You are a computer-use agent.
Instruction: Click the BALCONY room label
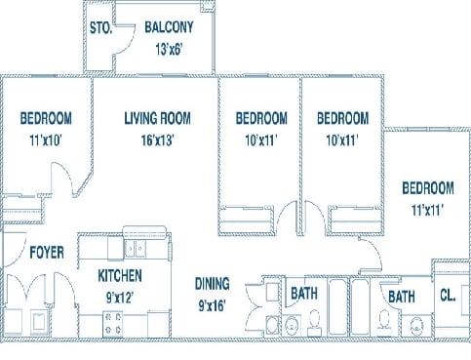click(x=168, y=27)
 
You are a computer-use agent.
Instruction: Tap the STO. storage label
click(x=100, y=28)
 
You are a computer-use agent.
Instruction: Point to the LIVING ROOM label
click(x=157, y=118)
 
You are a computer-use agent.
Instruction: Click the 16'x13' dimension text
click(x=157, y=139)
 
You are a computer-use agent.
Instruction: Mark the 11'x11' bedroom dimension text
click(x=428, y=208)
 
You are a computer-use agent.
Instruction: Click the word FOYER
click(x=46, y=253)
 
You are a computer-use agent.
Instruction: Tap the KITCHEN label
click(x=120, y=276)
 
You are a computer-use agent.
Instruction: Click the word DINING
click(x=211, y=284)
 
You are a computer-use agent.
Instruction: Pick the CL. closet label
click(x=448, y=296)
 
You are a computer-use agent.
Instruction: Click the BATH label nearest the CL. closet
click(x=401, y=296)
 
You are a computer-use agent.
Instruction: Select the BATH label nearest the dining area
click(x=301, y=293)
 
